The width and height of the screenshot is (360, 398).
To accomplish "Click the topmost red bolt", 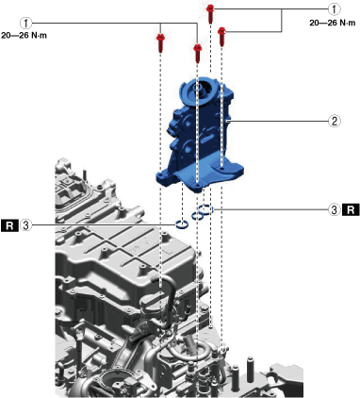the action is point(210,14).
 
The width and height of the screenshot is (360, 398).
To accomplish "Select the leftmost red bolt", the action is point(160,42).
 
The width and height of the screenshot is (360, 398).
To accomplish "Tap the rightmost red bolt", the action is point(221,37).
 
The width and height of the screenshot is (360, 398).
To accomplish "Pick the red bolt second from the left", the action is point(197,53).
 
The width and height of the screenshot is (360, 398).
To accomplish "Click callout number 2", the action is point(335,121).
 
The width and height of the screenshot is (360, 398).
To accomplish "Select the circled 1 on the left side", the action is point(26,23).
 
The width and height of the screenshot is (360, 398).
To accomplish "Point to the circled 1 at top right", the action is point(335,9).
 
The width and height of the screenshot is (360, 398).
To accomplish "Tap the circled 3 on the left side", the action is point(26,225).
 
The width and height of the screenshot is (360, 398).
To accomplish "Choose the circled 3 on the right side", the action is point(335,209).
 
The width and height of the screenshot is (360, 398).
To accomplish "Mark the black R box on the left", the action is point(9,225).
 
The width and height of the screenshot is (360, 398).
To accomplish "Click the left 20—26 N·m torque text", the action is point(24,36).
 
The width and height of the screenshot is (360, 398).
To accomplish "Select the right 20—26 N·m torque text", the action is point(333,23).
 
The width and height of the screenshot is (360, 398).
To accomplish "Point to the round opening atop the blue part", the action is point(198,87).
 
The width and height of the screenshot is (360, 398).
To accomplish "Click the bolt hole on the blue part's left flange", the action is point(161,176).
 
